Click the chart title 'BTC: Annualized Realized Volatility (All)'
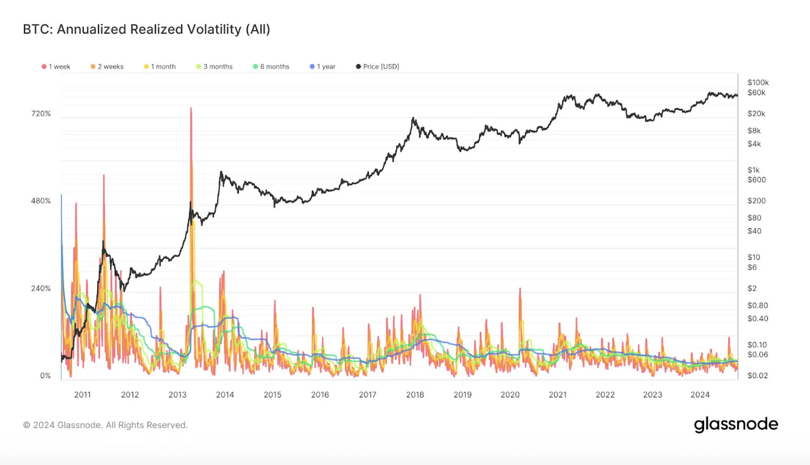pyautogui.click(x=146, y=29)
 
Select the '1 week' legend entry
pyautogui.click(x=56, y=67)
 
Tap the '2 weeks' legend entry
pyautogui.click(x=107, y=67)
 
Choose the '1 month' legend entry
pyautogui.click(x=160, y=67)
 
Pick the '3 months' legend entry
pyautogui.click(x=214, y=67)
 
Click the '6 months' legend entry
pyautogui.click(x=271, y=67)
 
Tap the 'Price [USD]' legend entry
pyautogui.click(x=377, y=67)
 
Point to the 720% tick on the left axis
pyautogui.click(x=41, y=114)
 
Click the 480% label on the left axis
pyautogui.click(x=41, y=201)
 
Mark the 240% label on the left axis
pyautogui.click(x=41, y=289)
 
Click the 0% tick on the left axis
pyautogui.click(x=46, y=376)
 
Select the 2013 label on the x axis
pyautogui.click(x=178, y=395)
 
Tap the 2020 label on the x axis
pyautogui.click(x=510, y=395)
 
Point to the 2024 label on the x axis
pyautogui.click(x=700, y=395)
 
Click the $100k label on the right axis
pyautogui.click(x=758, y=82)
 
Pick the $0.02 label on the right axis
pyautogui.click(x=758, y=375)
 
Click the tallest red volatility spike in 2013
pyautogui.click(x=191, y=110)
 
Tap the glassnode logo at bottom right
pyautogui.click(x=736, y=424)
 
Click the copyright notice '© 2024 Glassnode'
pyautogui.click(x=105, y=425)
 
